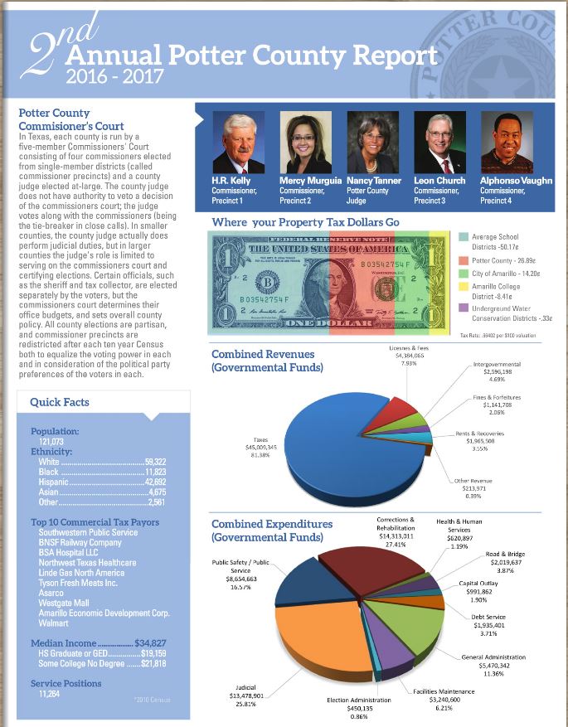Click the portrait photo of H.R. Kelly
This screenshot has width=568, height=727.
tap(238, 142)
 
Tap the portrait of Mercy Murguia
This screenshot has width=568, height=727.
tap(306, 142)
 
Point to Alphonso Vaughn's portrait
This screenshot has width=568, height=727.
tap(507, 142)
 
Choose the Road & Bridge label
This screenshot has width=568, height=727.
tap(504, 560)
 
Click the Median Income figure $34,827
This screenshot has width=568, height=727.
tap(150, 643)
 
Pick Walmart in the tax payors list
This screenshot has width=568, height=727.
tap(54, 623)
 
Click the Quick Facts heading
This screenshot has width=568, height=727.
tap(59, 402)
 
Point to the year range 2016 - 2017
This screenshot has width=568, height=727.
tap(114, 77)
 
